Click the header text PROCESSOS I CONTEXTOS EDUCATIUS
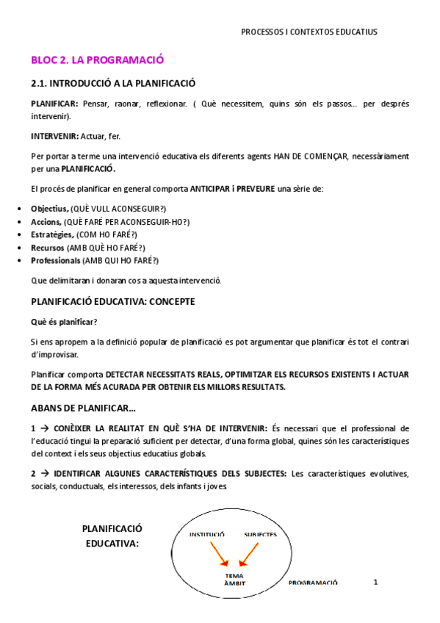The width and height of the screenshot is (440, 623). pos(309,32)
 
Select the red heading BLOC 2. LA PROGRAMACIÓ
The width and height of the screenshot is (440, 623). pos(97,60)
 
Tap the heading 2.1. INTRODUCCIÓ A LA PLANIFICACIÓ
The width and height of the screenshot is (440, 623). pos(113,83)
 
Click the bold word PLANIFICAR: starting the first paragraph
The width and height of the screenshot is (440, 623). pos(55,104)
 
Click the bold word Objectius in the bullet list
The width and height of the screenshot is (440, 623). pos(50,208)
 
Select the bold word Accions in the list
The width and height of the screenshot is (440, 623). pos(46,221)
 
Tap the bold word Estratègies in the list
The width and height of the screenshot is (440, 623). pos(52,234)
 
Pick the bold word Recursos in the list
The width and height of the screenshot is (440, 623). pos(47,248)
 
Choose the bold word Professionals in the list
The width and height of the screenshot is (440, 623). pos(55,261)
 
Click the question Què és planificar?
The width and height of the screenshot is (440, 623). pos(65,322)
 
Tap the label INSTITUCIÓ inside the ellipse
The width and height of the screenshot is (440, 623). pos(207,534)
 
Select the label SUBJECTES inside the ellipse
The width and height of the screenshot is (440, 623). pos(261,534)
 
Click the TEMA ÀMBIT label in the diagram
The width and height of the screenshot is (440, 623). pos(235,580)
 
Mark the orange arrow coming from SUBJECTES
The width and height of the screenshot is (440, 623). pos(250,553)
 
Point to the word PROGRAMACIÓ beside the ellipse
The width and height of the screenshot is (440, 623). pos(313,582)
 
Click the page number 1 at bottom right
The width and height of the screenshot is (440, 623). pos(375,582)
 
